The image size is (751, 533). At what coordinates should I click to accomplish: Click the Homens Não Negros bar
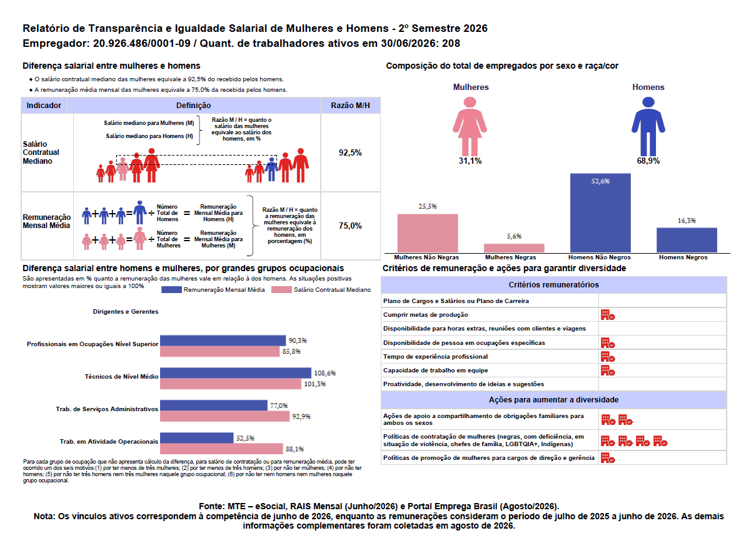pos(600,212)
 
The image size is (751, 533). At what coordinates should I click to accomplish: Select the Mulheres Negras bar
pos(514,248)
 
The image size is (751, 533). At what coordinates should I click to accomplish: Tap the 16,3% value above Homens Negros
pos(687,221)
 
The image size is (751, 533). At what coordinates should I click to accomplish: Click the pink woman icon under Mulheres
pos(470,126)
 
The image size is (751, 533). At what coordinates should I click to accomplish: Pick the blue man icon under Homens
pos(648,126)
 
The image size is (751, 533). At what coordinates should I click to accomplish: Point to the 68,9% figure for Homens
pos(648,161)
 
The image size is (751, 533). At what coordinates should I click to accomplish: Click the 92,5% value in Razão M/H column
pos(350,152)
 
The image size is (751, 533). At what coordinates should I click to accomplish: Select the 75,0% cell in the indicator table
pos(350,226)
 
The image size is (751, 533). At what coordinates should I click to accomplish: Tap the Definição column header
pos(193,106)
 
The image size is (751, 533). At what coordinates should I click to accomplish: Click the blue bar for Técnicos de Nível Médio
pos(235,373)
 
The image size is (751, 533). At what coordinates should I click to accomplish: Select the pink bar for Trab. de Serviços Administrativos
pos(224,416)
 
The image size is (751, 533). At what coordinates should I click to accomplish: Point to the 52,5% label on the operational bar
pos(245,438)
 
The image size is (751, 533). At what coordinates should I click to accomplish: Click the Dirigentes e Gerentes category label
pos(126,312)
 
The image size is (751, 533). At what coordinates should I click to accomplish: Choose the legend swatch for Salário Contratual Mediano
pos(281,289)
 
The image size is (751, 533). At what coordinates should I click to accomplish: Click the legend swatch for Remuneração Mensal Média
pos(171,289)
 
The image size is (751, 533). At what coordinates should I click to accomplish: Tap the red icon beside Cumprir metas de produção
pos(608,315)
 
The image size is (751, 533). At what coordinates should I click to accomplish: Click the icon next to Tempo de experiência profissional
pos(608,357)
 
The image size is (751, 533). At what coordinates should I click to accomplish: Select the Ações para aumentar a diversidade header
pos(553,400)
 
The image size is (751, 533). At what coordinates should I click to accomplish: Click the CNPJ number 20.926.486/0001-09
pos(141,44)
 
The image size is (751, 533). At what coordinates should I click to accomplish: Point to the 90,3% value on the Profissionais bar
pos(298,341)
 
